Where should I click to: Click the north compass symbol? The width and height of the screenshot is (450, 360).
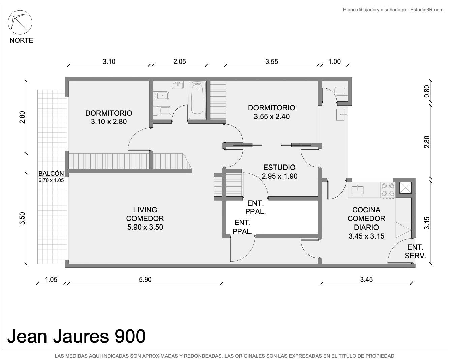coord(20,22)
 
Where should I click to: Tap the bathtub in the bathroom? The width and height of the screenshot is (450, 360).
coord(197,100)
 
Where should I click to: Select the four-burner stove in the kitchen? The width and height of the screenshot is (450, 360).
coord(388,190)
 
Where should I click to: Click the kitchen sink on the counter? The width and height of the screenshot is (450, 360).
coord(358,189)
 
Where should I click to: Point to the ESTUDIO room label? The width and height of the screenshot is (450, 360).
coord(279,167)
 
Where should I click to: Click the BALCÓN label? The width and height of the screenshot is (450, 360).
coord(51,173)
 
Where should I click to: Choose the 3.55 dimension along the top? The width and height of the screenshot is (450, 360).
coord(272,62)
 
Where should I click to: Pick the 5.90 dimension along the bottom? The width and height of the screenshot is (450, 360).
coord(145,280)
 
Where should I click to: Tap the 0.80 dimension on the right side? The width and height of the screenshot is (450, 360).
coord(427,91)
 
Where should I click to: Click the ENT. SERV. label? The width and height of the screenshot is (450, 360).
coord(415,251)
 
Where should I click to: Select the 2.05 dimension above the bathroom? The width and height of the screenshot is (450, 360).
coord(179,62)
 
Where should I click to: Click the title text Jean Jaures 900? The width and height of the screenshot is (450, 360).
coord(76,336)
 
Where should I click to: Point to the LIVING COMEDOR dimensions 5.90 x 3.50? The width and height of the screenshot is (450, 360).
coord(145,227)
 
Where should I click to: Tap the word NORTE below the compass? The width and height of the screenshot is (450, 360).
coord(21,40)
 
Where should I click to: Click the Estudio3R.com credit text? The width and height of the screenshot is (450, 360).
coord(427,10)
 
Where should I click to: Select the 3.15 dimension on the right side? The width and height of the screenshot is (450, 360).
coord(427,223)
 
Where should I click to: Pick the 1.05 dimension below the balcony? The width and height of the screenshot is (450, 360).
coord(51,280)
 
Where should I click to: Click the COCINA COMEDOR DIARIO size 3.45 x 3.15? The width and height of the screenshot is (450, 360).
coord(366,236)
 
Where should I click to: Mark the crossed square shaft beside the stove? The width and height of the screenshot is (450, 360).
coord(406,188)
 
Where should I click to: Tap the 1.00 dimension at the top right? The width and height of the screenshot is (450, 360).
coord(334,62)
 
